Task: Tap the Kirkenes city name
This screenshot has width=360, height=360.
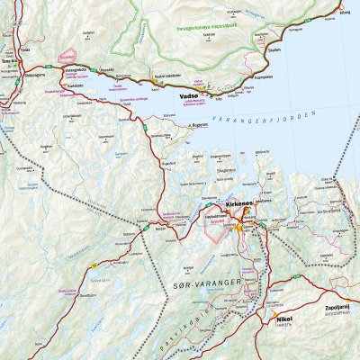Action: click(x=237, y=205)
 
